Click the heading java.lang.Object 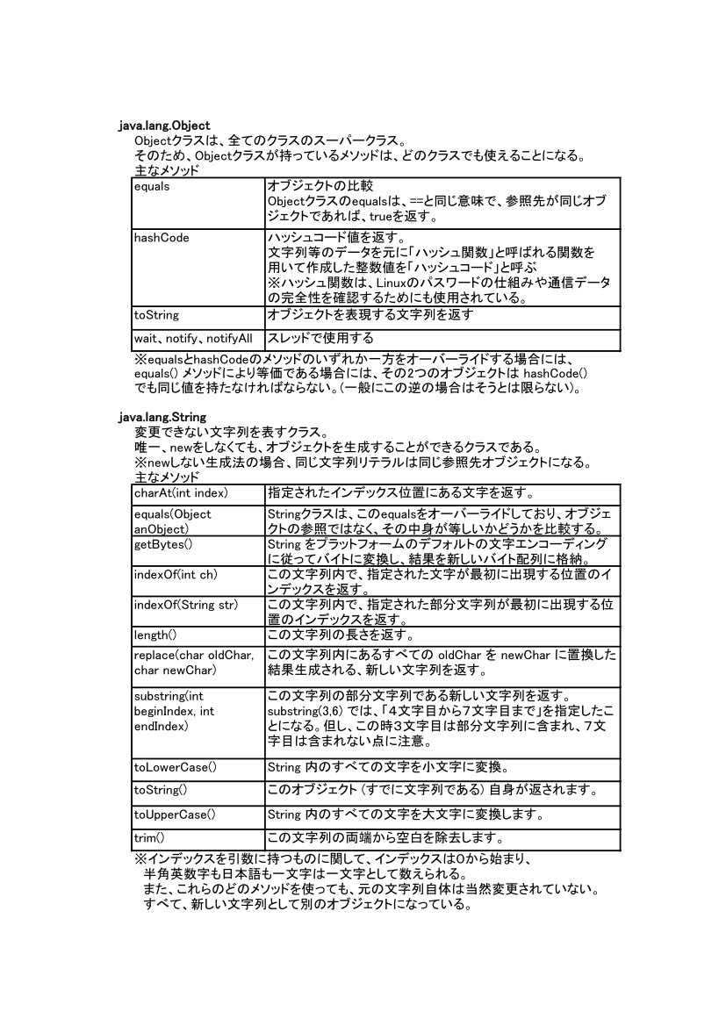(164, 126)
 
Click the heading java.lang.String (162, 418)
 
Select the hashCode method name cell (162, 238)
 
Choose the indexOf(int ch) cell (176, 575)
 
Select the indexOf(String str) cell (186, 606)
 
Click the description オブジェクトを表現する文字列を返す (370, 314)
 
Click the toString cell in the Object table (156, 314)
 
